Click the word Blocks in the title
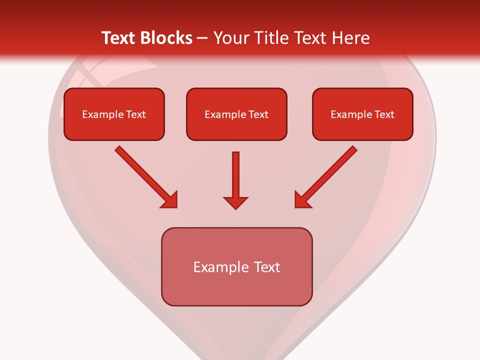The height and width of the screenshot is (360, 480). coord(167,38)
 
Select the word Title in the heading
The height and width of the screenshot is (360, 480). coord(273,38)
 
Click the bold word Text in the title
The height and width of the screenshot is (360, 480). coord(120,38)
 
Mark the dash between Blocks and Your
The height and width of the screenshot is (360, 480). coord(203,38)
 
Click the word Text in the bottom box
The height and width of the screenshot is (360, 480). coord(267,267)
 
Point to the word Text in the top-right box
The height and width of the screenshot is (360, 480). coord(384,114)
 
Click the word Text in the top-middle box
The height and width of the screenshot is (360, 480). coord(258,114)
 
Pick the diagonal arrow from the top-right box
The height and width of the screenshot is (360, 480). coord(328,175)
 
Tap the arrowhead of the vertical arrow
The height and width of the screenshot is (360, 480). coord(235,202)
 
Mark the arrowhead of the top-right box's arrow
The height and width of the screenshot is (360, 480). coord(302,199)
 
